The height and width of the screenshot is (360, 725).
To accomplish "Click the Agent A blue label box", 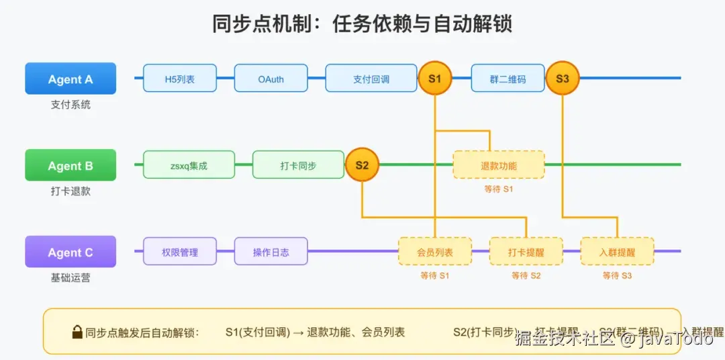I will point(70,79).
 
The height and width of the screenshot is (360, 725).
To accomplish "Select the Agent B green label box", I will point(70,165).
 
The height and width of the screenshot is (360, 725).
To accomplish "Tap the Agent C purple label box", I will point(70,252).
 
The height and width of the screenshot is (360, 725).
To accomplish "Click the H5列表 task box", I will point(180,79).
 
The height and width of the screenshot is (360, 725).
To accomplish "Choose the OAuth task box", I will point(271,79).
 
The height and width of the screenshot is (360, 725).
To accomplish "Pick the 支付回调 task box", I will point(371,79).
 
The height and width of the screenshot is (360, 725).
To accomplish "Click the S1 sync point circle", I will point(435,79).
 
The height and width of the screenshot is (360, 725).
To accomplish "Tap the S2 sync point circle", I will point(362,165).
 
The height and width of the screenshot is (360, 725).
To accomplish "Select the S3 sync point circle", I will point(562,79).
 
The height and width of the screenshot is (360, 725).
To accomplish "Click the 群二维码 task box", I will point(507,79).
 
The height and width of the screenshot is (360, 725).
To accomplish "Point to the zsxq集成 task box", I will point(189,165).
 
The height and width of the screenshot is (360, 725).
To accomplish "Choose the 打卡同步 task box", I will point(298,165).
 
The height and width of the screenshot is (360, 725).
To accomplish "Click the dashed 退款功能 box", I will point(499,165).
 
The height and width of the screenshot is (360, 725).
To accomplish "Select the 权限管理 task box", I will point(180,252).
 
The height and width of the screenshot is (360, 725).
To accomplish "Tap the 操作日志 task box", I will point(271,252).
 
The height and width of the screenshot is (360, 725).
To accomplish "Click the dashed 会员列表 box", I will point(435,252).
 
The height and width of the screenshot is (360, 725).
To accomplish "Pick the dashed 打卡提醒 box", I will point(526,252).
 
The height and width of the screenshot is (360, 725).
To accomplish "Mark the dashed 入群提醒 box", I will point(617,252).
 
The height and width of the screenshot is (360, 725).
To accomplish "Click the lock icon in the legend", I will point(77,332).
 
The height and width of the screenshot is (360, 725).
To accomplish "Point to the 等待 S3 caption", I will point(617,275).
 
